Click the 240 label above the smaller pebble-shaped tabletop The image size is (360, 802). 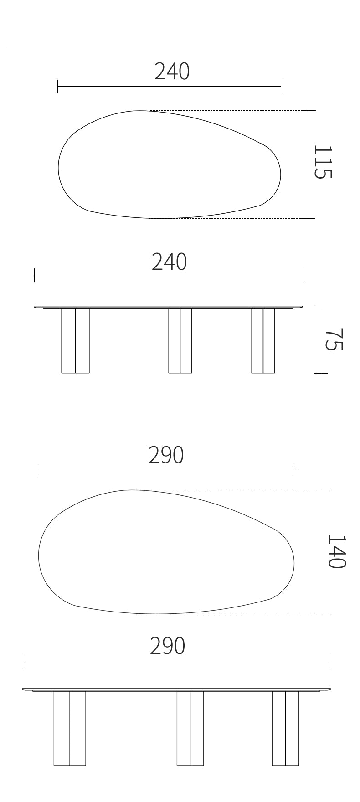coord(172,72)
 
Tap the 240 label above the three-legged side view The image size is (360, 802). coord(169,262)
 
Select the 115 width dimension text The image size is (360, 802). coord(323,162)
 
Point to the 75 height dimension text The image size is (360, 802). coord(334,339)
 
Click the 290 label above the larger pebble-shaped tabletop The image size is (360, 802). coord(166,455)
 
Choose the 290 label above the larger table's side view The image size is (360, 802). coord(168,646)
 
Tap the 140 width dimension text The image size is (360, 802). coord(337,551)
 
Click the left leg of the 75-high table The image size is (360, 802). coord(75,341)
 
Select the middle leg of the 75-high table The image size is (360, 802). coord(180,341)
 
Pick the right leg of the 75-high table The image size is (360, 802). coord(263,341)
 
